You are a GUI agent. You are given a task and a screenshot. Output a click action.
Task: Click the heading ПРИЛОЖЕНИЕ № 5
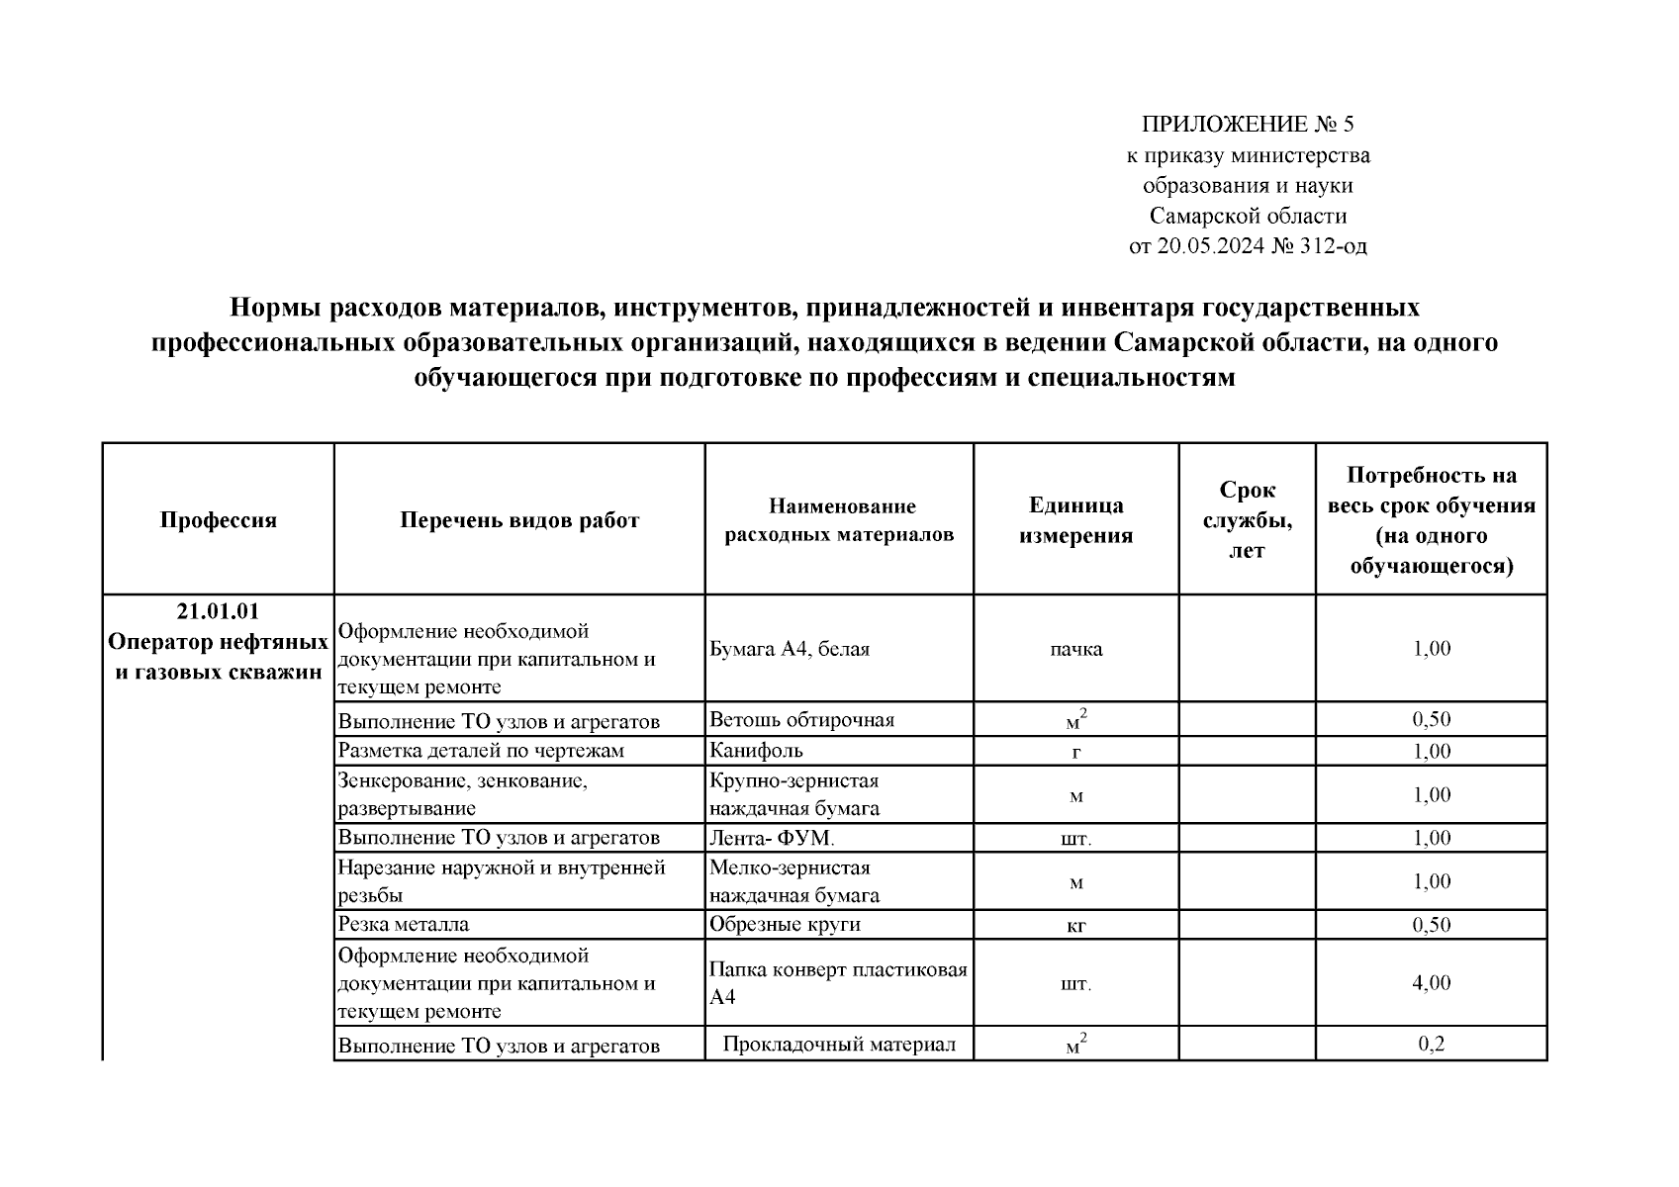pyautogui.click(x=1247, y=125)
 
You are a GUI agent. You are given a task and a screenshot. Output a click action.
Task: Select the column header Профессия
pyautogui.click(x=219, y=520)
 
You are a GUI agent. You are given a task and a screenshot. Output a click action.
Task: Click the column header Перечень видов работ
pyautogui.click(x=519, y=520)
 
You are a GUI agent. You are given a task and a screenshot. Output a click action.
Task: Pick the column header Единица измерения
pyautogui.click(x=1075, y=520)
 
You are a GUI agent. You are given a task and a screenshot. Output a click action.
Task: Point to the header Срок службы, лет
pyautogui.click(x=1247, y=520)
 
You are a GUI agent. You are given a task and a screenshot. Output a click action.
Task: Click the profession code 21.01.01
pyautogui.click(x=219, y=612)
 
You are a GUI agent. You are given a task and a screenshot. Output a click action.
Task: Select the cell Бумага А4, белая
pyautogui.click(x=790, y=649)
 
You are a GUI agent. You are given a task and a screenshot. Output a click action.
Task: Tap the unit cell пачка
pyautogui.click(x=1075, y=649)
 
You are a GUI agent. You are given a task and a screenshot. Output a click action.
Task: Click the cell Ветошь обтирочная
pyautogui.click(x=801, y=720)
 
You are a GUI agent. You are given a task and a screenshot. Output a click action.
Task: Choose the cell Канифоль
pyautogui.click(x=756, y=751)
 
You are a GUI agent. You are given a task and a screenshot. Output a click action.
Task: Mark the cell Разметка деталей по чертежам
pyautogui.click(x=481, y=751)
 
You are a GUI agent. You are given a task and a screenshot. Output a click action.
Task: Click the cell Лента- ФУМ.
pyautogui.click(x=772, y=839)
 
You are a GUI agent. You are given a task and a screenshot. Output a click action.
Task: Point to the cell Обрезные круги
pyautogui.click(x=785, y=925)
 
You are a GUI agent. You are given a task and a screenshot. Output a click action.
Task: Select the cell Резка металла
pyautogui.click(x=404, y=925)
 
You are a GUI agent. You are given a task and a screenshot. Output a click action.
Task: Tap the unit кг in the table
pyautogui.click(x=1075, y=926)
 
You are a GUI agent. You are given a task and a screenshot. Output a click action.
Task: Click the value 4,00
pyautogui.click(x=1431, y=983)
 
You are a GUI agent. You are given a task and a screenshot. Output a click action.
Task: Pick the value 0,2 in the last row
pyautogui.click(x=1431, y=1044)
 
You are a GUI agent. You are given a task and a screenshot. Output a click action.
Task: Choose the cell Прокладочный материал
pyautogui.click(x=839, y=1045)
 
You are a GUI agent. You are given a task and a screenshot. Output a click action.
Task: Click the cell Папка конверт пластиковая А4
pyautogui.click(x=838, y=983)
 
